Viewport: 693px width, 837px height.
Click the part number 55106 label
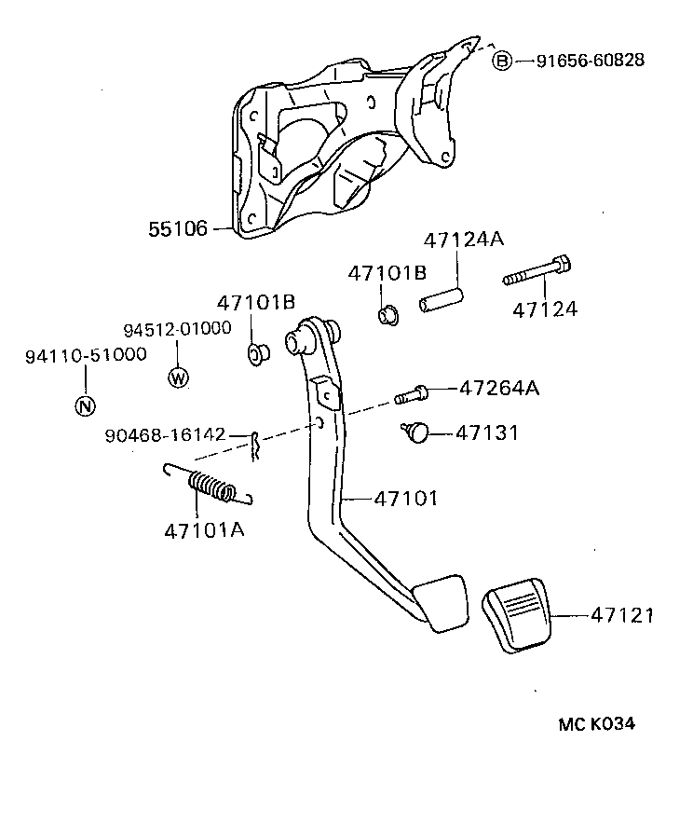177,227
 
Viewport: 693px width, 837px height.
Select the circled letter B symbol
502,61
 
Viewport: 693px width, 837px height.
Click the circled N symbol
84,405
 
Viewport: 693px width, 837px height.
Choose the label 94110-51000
85,355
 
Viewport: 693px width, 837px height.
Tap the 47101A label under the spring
204,530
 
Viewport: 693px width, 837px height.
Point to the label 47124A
463,240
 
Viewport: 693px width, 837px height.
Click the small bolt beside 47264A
412,394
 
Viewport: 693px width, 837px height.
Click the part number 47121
621,615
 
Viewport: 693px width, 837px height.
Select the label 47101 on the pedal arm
405,499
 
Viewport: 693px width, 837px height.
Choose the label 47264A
498,388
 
